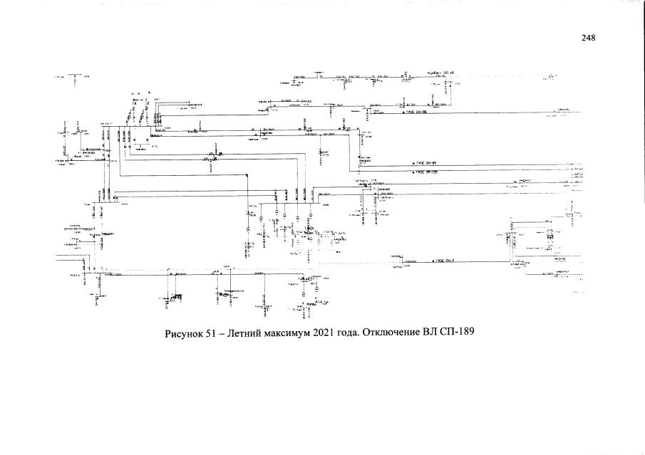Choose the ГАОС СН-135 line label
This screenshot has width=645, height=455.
(426, 172)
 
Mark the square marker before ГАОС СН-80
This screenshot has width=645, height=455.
(403, 113)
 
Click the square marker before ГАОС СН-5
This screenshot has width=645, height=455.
(430, 261)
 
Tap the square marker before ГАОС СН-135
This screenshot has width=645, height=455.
(412, 172)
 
